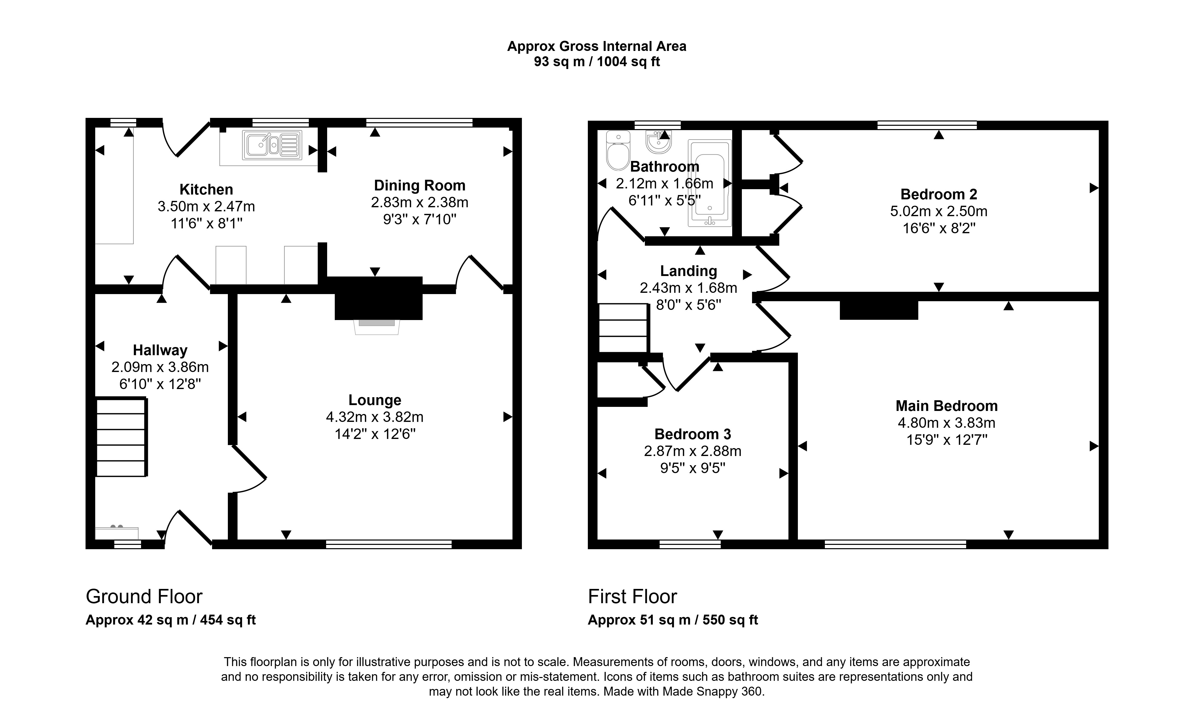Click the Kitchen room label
pos(206,189)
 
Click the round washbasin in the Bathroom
pos(658,141)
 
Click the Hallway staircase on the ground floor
pos(121,437)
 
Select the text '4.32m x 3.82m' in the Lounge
pos(375,417)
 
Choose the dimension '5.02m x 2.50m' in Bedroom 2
pos(939,211)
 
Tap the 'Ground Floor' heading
pos(144,597)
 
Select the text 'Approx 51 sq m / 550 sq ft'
pos(672,620)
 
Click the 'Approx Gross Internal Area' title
pos(596,46)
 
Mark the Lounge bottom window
pos(388,544)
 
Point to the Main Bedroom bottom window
pos(895,544)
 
